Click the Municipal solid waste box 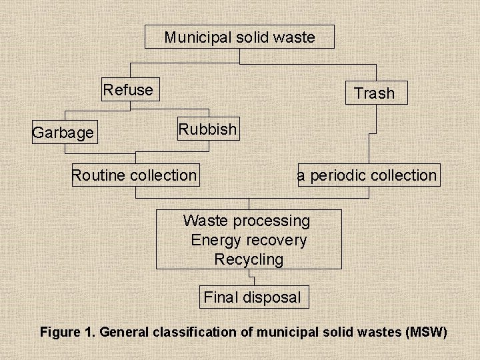pyautogui.click(x=239, y=37)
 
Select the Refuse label pyautogui.click(x=128, y=90)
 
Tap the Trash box pyautogui.click(x=374, y=93)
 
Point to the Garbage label pyautogui.click(x=63, y=133)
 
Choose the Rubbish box pyautogui.click(x=207, y=129)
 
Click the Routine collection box pyautogui.click(x=134, y=175)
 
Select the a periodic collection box pyautogui.click(x=367, y=175)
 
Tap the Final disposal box pyautogui.click(x=253, y=297)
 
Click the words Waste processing pyautogui.click(x=247, y=220)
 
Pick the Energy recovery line pyautogui.click(x=249, y=240)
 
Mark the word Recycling pyautogui.click(x=249, y=259)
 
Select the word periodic pyautogui.click(x=335, y=176)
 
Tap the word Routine pyautogui.click(x=99, y=175)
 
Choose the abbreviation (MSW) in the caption pyautogui.click(x=426, y=332)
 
